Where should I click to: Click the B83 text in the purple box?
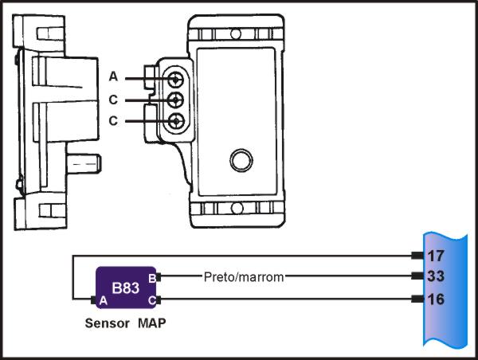click(x=126, y=287)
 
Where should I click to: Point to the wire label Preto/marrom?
click(x=243, y=277)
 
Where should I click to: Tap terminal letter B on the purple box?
click(x=151, y=276)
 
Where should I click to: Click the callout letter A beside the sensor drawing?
click(x=113, y=77)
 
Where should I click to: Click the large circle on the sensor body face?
click(x=240, y=158)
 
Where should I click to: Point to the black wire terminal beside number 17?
click(x=416, y=256)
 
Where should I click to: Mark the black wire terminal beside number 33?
click(x=416, y=277)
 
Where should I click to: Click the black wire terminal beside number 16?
click(x=416, y=299)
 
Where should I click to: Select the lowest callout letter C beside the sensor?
click(x=113, y=121)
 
